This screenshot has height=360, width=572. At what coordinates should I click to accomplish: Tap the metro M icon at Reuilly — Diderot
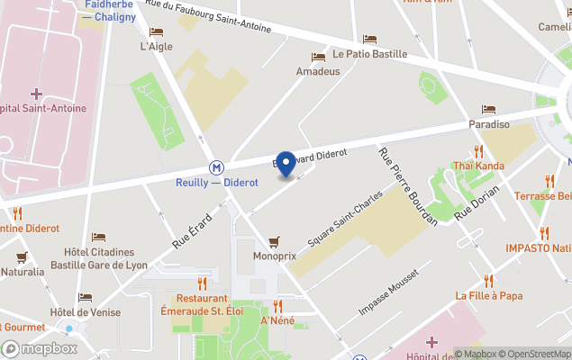tap(216, 167)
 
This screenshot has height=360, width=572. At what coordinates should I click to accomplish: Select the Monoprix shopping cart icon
tap(274, 241)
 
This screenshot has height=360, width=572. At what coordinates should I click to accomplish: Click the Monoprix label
tap(274, 256)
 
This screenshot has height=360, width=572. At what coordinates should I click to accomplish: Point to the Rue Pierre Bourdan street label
tap(407, 186)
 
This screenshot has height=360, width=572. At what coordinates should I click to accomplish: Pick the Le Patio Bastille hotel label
tap(369, 54)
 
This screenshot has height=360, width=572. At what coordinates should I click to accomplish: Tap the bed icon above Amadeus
tap(317, 56)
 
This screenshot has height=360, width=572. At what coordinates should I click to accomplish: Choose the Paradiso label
tap(488, 124)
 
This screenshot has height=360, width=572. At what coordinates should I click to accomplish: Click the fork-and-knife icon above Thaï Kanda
tap(478, 151)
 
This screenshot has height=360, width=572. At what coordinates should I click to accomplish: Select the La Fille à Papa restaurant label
tap(488, 295)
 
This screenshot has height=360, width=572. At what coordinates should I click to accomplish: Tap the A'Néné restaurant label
tap(277, 320)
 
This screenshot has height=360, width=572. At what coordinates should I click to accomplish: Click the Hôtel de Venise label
tap(85, 312)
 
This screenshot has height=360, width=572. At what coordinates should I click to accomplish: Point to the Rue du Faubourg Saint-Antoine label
tap(207, 17)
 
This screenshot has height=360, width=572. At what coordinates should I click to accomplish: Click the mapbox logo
tap(41, 349)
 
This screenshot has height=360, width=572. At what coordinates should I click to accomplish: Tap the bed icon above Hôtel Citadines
tap(98, 237)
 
